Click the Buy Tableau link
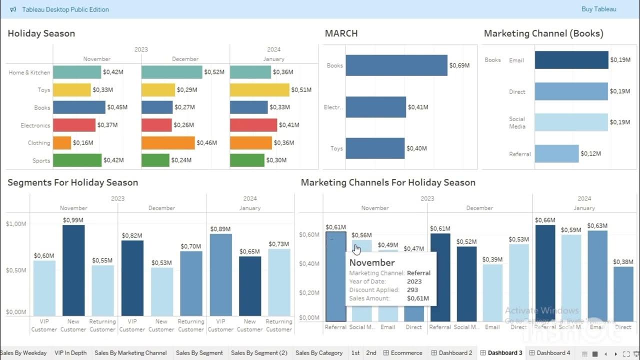pyautogui.click(x=598, y=9)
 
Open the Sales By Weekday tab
pyautogui.click(x=23, y=352)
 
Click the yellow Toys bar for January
pyautogui.click(x=259, y=90)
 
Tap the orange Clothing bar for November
pyautogui.click(x=62, y=143)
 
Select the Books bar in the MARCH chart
pyautogui.click(x=396, y=65)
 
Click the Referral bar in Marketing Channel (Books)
pyautogui.click(x=556, y=154)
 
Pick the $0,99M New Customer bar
pyautogui.click(x=73, y=270)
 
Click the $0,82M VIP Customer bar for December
pyautogui.click(x=132, y=278)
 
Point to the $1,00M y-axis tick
pyautogui.click(x=16, y=224)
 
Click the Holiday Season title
pyautogui.click(x=41, y=33)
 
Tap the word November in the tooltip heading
pyautogui.click(x=371, y=262)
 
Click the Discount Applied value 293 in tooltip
pyautogui.click(x=412, y=290)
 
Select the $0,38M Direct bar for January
pyautogui.click(x=623, y=293)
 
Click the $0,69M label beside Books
pyautogui.click(x=459, y=65)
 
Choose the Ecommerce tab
pyautogui.click(x=402, y=352)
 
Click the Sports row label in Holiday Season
pyautogui.click(x=41, y=160)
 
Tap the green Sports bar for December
pyautogui.click(x=155, y=160)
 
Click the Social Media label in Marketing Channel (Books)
pyautogui.click(x=517, y=122)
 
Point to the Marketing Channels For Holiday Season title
pyautogui.click(x=387, y=182)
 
